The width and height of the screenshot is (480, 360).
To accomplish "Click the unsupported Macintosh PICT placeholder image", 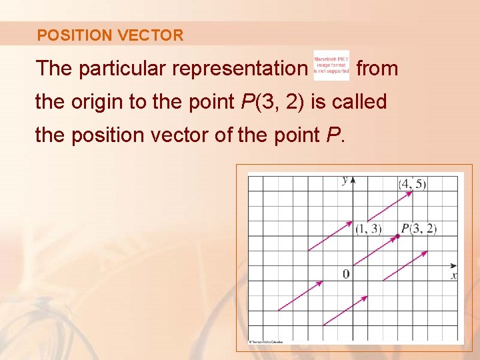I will point(331,65).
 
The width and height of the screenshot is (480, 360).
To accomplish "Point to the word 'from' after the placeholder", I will point(377,68).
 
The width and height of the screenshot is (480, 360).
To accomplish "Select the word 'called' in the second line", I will point(362,102).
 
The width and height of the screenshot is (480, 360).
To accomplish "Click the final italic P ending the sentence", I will point(333,135).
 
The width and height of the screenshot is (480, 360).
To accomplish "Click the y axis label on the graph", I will point(345,180).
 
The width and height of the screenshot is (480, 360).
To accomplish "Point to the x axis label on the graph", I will point(454,275).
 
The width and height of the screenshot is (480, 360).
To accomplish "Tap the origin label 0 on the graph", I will point(346,274).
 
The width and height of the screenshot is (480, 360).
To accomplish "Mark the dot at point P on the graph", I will point(398,236).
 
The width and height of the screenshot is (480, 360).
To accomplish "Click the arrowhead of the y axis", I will point(353,179).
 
